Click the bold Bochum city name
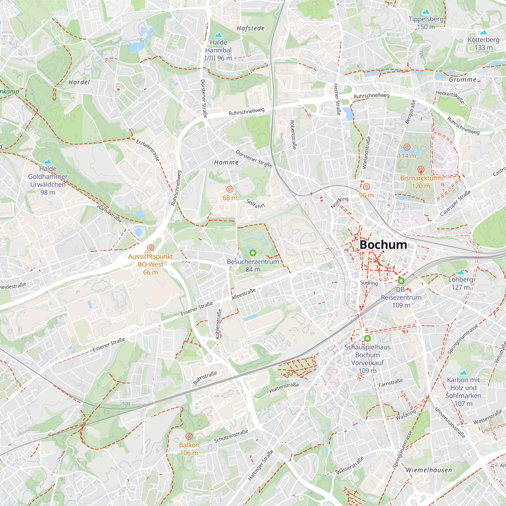[x=383, y=245]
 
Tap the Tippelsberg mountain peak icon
[x=426, y=12]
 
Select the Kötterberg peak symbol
[x=483, y=32]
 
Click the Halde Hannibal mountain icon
[x=218, y=35]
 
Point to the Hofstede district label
[x=251, y=28]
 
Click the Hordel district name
[x=79, y=82]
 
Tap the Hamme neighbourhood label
[x=226, y=162]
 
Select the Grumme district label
[x=462, y=80]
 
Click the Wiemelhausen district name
[x=429, y=470]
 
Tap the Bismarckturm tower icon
[x=421, y=170]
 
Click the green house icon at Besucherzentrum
[x=253, y=253]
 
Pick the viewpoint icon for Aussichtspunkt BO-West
[x=150, y=247]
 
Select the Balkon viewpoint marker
[x=189, y=436]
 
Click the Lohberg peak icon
[x=460, y=272]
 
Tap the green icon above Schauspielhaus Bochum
[x=367, y=338]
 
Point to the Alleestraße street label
[x=243, y=294]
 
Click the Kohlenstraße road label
[x=218, y=324]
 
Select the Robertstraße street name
[x=293, y=135]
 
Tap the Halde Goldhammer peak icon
[x=48, y=161]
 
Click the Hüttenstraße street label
[x=284, y=388]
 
